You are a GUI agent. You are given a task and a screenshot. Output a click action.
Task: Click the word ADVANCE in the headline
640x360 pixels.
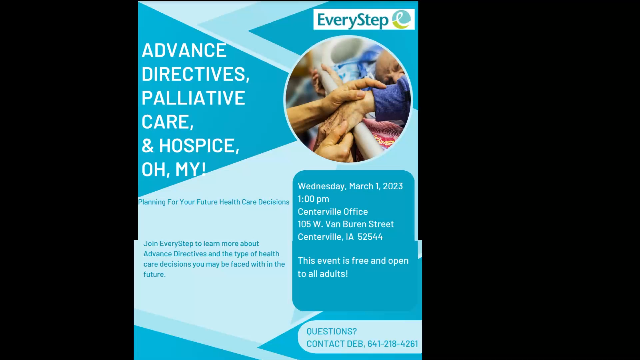click(184, 51)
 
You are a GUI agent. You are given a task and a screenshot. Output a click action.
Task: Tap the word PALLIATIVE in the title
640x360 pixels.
click(193, 98)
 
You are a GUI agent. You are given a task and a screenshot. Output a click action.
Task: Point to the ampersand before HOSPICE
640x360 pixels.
click(148, 146)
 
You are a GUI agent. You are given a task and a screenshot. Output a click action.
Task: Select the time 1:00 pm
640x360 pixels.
click(313, 199)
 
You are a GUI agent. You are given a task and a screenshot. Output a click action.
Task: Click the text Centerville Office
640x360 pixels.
click(333, 212)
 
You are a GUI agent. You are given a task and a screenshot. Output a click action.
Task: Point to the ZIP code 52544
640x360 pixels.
click(370, 237)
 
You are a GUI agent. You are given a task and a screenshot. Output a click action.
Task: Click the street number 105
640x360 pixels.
click(304, 224)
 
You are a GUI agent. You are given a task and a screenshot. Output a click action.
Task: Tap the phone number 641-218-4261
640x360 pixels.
click(393, 344)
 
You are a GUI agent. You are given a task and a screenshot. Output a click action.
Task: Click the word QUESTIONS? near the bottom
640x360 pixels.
click(331, 331)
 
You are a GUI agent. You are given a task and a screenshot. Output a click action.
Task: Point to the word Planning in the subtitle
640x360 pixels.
click(152, 202)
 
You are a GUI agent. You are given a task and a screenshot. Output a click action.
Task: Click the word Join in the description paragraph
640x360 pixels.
click(150, 244)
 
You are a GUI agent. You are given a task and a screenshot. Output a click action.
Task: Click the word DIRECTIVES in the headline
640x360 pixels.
click(194, 74)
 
